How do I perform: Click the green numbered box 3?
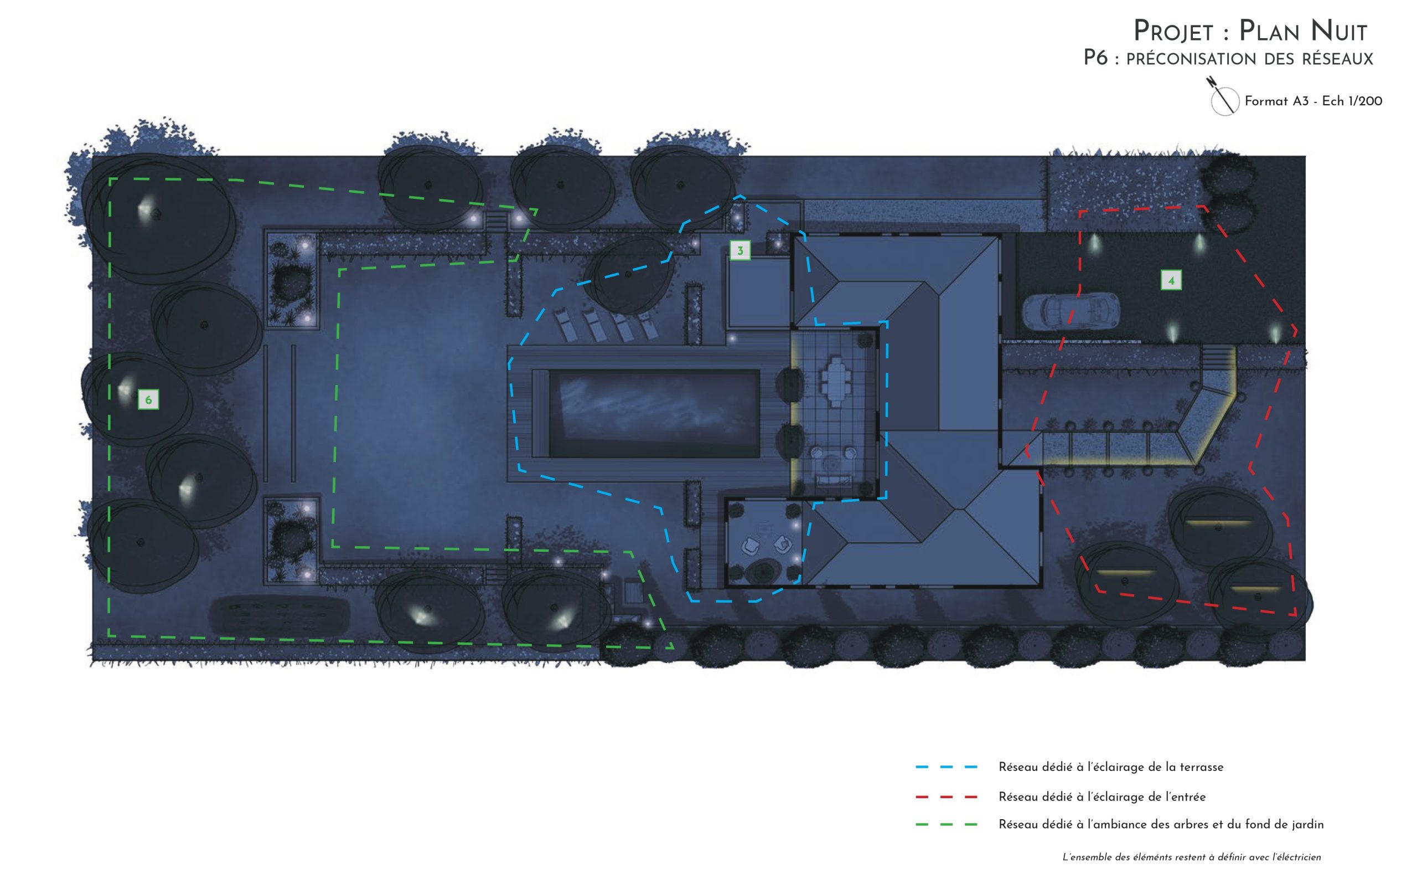pyautogui.click(x=739, y=250)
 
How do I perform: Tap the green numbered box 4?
pyautogui.click(x=1171, y=280)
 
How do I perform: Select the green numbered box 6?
pyautogui.click(x=148, y=400)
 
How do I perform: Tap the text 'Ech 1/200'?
pyautogui.click(x=1352, y=101)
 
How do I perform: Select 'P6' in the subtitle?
pyautogui.click(x=1095, y=58)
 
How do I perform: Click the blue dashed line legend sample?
pyautogui.click(x=946, y=767)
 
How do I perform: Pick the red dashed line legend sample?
pyautogui.click(x=946, y=797)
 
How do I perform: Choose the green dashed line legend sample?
pyautogui.click(x=946, y=824)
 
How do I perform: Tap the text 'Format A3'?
pyautogui.click(x=1276, y=101)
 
